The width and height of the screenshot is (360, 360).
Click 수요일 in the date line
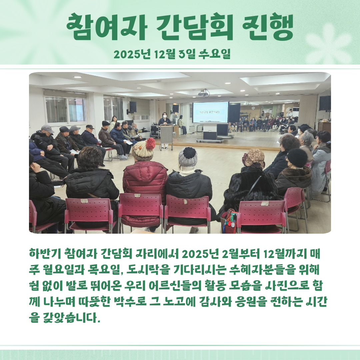pyautogui.click(x=214, y=54)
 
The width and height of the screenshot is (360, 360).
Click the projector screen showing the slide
pyautogui.click(x=210, y=113)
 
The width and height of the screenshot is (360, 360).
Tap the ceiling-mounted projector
pyautogui.click(x=204, y=93)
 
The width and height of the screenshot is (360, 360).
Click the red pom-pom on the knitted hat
pyautogui.click(x=151, y=143)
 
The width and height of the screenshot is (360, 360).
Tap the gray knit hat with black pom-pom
pyautogui.click(x=188, y=157)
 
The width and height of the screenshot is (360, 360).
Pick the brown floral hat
pyautogui.click(x=254, y=158)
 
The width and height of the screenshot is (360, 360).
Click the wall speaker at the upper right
pyautogui.click(x=325, y=103)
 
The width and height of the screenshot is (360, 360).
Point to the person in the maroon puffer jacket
pyautogui.click(x=145, y=184)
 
